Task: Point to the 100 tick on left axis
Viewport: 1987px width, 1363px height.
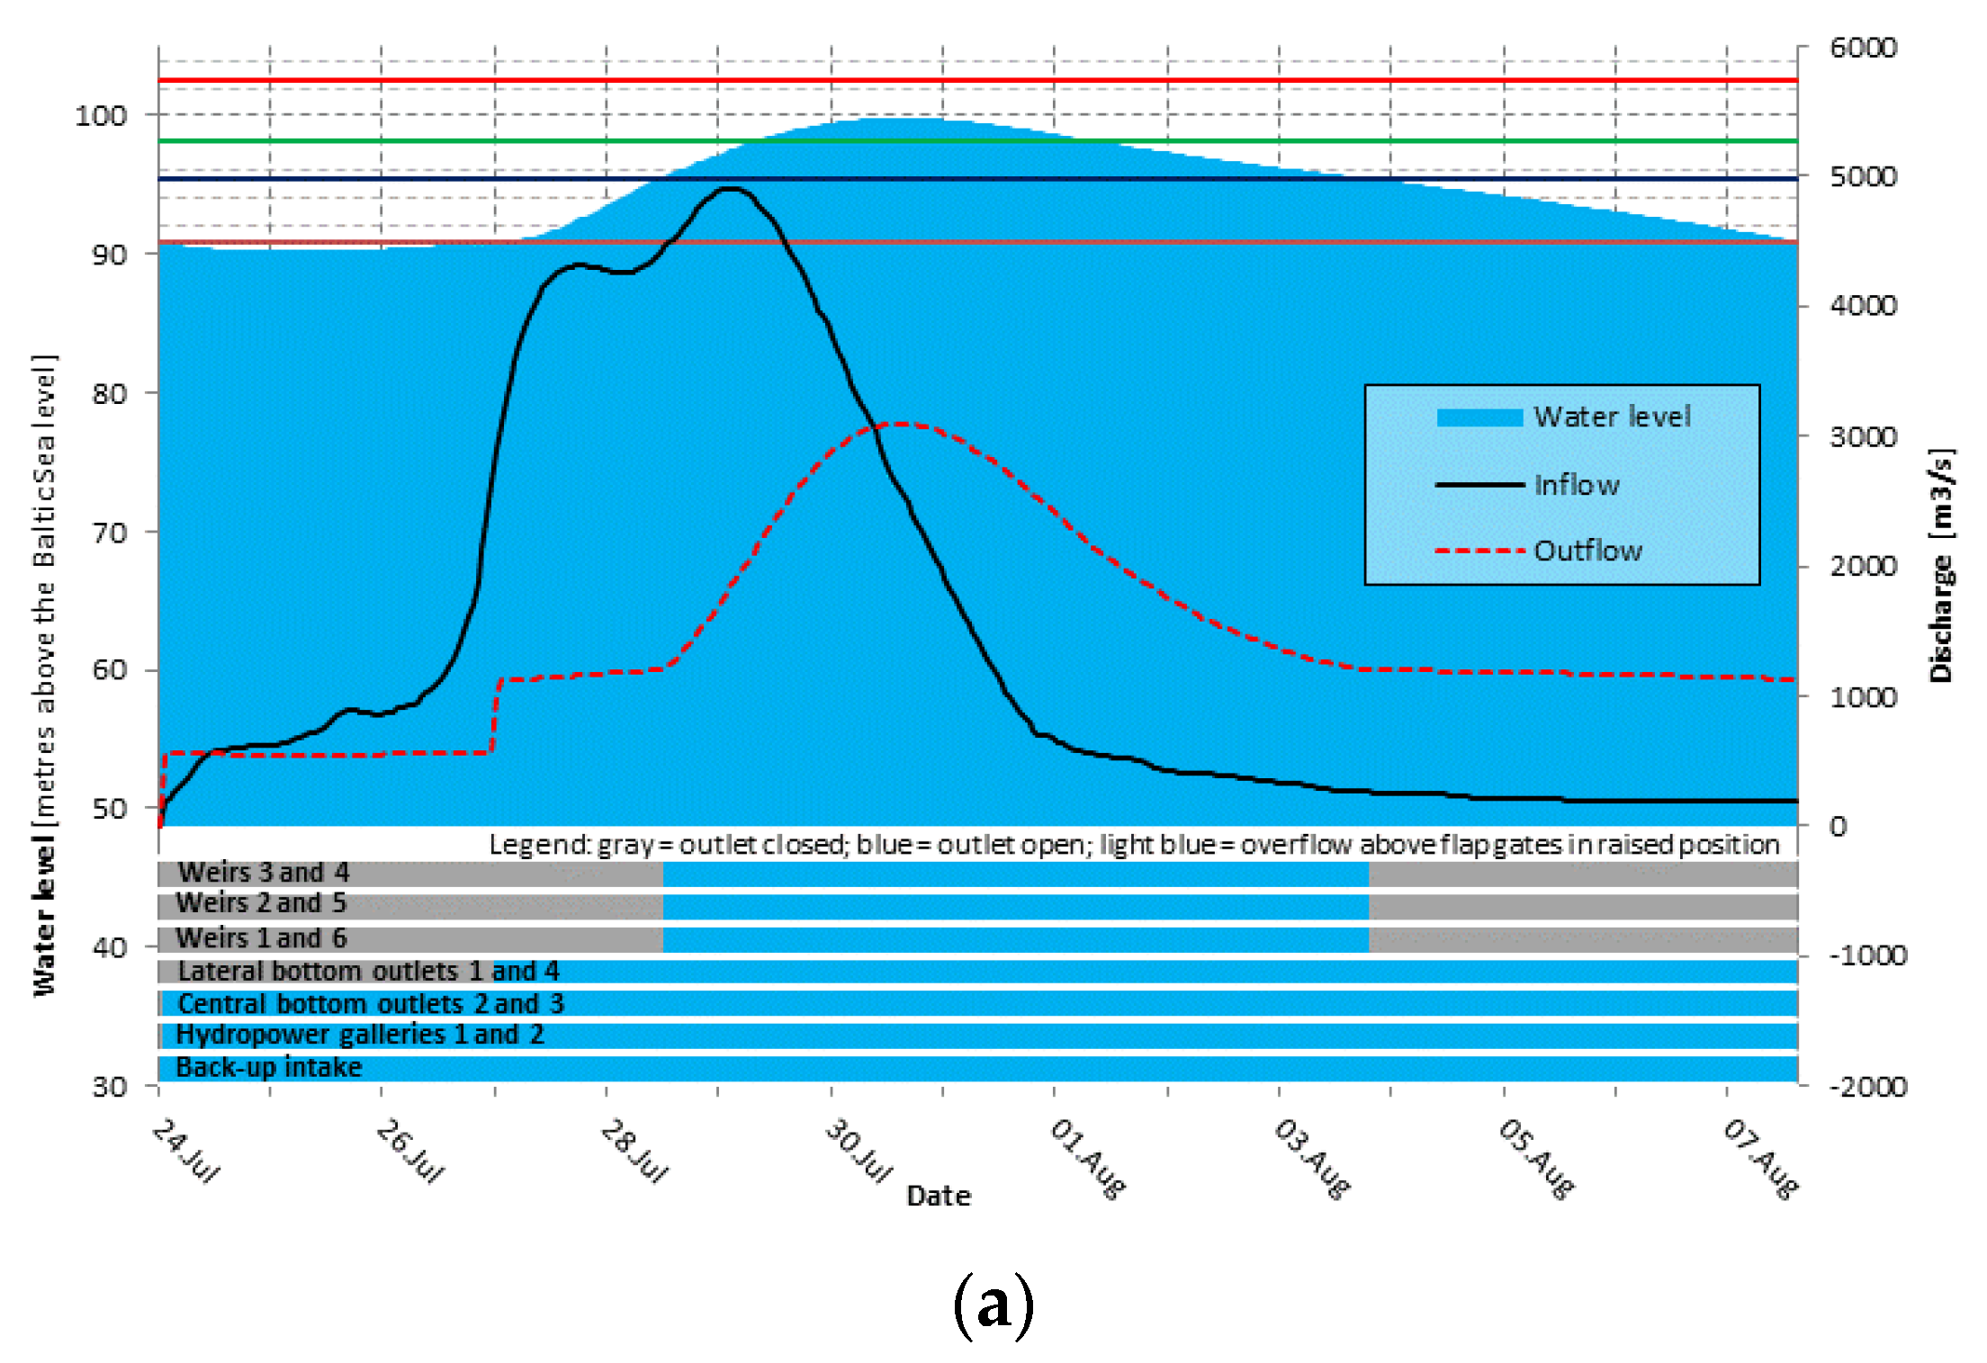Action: [101, 116]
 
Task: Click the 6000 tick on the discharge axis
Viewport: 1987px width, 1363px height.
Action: [1863, 48]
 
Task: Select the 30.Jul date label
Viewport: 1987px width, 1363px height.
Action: [859, 1151]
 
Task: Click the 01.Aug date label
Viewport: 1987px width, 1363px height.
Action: [1087, 1158]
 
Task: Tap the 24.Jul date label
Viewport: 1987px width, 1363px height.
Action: [185, 1151]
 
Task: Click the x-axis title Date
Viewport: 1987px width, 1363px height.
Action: [939, 1196]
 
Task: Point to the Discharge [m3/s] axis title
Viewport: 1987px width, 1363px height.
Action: [1942, 565]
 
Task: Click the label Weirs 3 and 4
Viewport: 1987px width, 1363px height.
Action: [264, 873]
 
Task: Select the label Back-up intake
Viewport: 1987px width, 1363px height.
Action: [269, 1068]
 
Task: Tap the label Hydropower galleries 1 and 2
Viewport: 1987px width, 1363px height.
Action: [360, 1035]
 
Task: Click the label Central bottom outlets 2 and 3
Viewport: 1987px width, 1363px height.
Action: [371, 1003]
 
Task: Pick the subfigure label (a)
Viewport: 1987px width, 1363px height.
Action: [993, 1304]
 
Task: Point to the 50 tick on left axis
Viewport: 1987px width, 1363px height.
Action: [109, 809]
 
